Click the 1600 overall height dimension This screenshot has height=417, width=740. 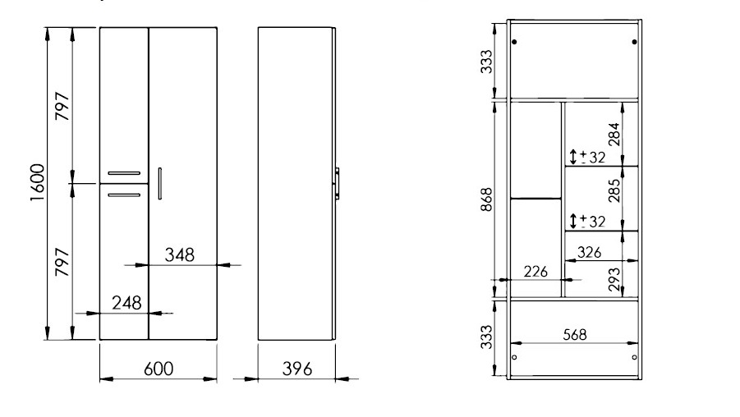[37, 182]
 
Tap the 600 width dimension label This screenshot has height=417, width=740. [159, 369]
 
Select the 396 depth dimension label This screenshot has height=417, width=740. [296, 369]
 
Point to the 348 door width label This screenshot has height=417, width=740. [179, 255]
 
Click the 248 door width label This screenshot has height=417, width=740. [126, 303]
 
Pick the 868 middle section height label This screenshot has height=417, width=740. [486, 199]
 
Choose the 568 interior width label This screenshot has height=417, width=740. [575, 334]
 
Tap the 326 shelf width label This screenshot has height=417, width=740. [589, 252]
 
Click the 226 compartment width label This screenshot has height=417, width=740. [535, 272]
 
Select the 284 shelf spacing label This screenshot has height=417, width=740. [614, 135]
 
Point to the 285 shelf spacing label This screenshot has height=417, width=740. [614, 190]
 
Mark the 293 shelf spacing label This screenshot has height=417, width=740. [614, 279]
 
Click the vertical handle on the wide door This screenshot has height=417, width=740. [160, 183]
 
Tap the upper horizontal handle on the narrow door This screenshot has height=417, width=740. [124, 173]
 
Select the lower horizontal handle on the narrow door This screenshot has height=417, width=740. [124, 195]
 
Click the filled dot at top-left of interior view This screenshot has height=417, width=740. [514, 42]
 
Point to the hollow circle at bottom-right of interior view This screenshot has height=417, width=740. [634, 358]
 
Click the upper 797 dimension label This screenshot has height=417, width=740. [62, 106]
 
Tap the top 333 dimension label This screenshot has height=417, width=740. [486, 62]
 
